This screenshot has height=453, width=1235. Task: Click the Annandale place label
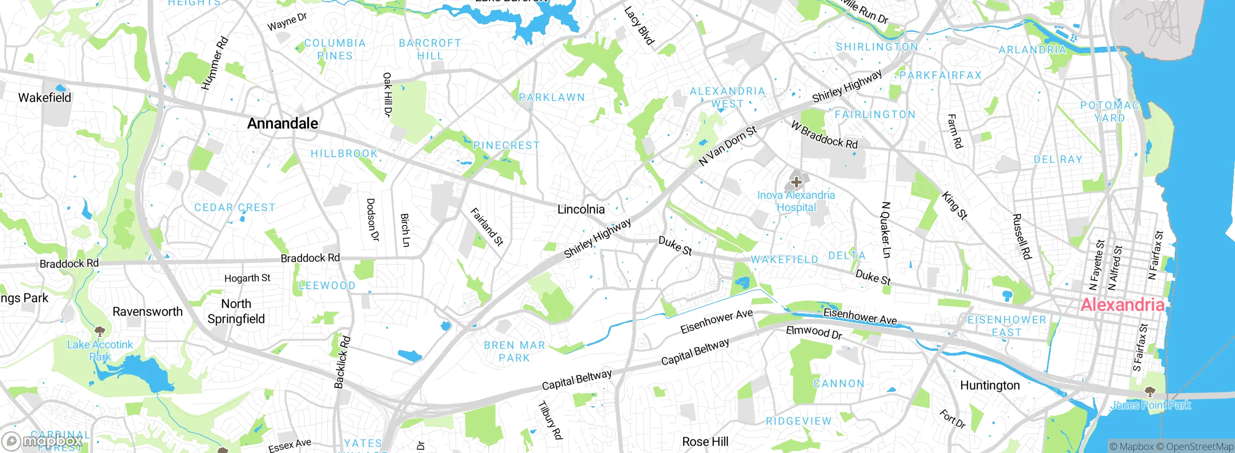pos(282,123)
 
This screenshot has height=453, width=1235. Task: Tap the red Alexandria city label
pos(1123,305)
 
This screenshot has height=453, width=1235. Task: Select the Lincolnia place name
pos(581,209)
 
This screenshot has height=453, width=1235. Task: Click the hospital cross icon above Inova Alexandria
pos(796,182)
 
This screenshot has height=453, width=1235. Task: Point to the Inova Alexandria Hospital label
pos(796,201)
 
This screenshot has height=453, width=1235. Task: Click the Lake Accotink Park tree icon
pos(100,332)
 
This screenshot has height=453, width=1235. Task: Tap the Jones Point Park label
pos(1151,405)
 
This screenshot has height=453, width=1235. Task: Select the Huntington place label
pos(990,386)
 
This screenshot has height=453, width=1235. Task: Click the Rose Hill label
pos(705,441)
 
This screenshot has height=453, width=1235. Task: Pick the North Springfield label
pos(236,311)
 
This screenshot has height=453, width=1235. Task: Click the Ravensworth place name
pos(148,312)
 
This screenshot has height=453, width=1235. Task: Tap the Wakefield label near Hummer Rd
pos(44,98)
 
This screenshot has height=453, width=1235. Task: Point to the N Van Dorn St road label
pos(728,146)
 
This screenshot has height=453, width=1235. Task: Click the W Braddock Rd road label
pos(824,135)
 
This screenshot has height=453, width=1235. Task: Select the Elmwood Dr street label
pos(814,332)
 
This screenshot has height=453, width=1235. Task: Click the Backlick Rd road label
pos(342,362)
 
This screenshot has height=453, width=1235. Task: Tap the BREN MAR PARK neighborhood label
pos(514,351)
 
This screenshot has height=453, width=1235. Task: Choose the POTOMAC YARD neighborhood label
pos(1109,111)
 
